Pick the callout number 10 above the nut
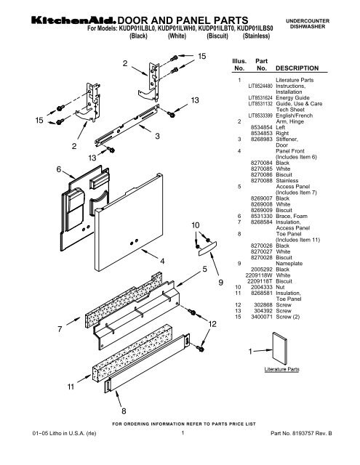(195, 227)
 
